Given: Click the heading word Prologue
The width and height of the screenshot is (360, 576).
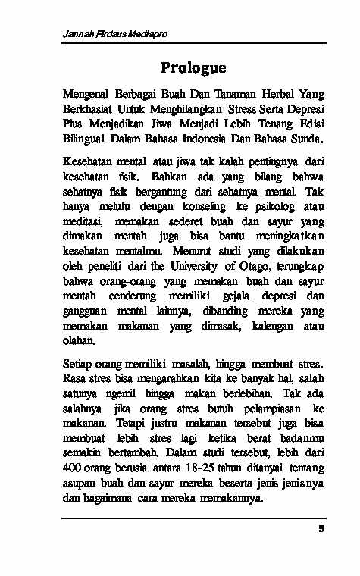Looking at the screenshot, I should pyautogui.click(x=193, y=68).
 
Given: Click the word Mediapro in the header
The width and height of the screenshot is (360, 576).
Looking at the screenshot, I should pyautogui.click(x=149, y=35).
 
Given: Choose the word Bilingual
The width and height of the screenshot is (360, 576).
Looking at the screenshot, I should pyautogui.click(x=84, y=139).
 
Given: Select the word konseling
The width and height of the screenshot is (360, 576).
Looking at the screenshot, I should pyautogui.click(x=195, y=207).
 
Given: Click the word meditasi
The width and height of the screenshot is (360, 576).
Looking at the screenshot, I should pyautogui.click(x=85, y=222).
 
